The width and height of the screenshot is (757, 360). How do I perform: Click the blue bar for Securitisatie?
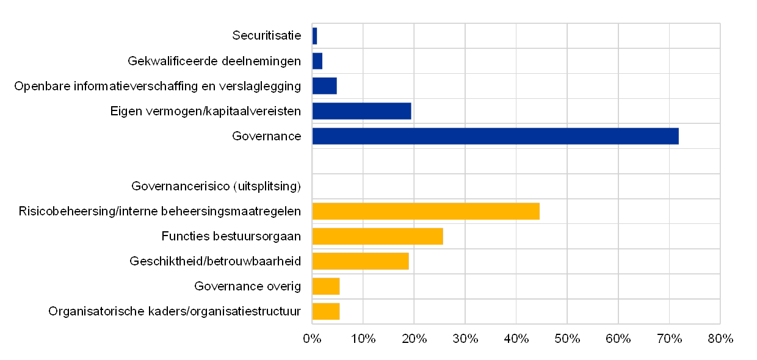click(x=314, y=36)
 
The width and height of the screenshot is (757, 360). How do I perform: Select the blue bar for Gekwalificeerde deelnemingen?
click(x=317, y=61)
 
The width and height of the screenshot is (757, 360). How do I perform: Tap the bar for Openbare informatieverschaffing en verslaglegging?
click(x=324, y=86)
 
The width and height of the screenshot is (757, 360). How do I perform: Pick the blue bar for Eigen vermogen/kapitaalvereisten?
click(x=361, y=111)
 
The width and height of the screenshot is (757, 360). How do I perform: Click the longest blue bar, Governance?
click(x=495, y=136)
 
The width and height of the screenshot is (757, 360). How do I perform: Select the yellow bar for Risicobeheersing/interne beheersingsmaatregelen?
click(x=426, y=211)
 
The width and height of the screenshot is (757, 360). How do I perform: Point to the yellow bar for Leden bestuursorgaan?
click(x=377, y=236)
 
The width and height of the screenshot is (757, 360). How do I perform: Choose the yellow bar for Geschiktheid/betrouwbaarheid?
click(x=360, y=261)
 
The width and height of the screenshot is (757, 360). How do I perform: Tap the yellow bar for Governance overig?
click(x=326, y=286)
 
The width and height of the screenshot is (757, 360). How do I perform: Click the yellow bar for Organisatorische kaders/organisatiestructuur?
click(x=326, y=311)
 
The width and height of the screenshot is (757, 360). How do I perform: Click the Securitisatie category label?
click(x=267, y=36)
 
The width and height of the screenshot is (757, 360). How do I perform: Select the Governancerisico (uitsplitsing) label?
click(x=216, y=186)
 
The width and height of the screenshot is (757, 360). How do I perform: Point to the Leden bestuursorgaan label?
click(x=234, y=236)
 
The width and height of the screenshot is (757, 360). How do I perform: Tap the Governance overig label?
click(x=248, y=286)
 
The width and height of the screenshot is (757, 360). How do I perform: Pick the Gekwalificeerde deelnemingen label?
click(x=214, y=61)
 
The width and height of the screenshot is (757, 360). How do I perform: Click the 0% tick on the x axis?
click(x=312, y=339)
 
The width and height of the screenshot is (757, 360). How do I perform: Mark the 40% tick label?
click(x=516, y=339)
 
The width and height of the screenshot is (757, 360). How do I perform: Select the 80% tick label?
click(x=720, y=339)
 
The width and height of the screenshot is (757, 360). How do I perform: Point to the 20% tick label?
click(x=414, y=339)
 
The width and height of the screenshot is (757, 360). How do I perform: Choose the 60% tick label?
click(x=618, y=339)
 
